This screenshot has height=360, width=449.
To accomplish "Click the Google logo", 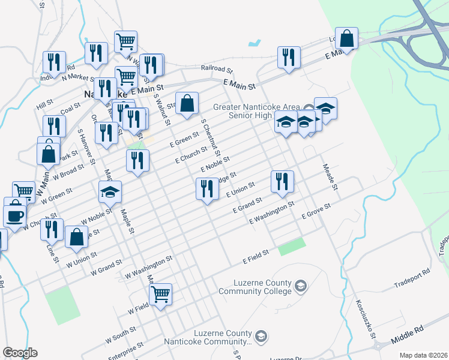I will click(20, 353).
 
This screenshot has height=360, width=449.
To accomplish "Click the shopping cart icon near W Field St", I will click(160, 295).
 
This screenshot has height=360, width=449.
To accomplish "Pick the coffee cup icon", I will click(14, 214).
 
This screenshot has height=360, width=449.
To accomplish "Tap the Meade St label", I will click(331, 178).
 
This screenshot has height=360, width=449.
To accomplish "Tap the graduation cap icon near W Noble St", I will click(110, 191).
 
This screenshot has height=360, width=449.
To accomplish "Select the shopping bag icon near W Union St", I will click(76, 236).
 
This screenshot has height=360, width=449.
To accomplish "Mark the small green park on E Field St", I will click(292, 245).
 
